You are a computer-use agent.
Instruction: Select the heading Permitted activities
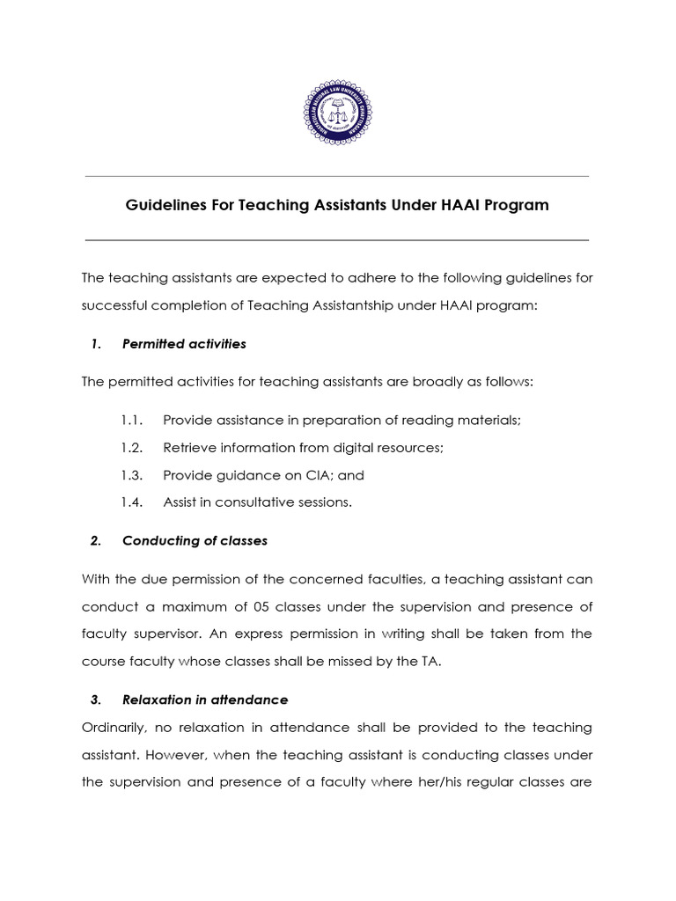click(x=184, y=344)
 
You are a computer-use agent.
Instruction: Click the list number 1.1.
click(x=132, y=421)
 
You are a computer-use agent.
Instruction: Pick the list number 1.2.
click(x=132, y=448)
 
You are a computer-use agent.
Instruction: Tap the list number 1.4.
click(x=132, y=502)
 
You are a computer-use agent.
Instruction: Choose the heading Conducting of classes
click(x=195, y=541)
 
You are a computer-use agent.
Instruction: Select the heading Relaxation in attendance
click(x=204, y=700)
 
